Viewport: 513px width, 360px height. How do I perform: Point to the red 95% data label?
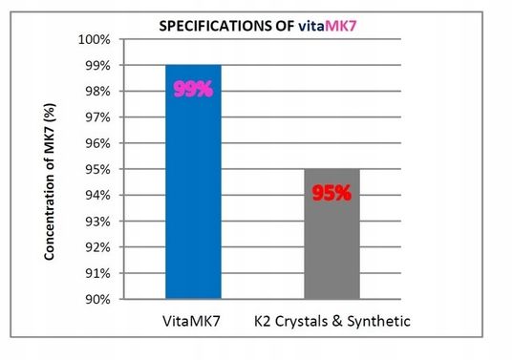pos(331,193)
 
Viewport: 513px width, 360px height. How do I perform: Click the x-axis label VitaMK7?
pos(192,321)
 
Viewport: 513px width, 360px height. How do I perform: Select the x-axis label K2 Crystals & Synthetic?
pos(331,321)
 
